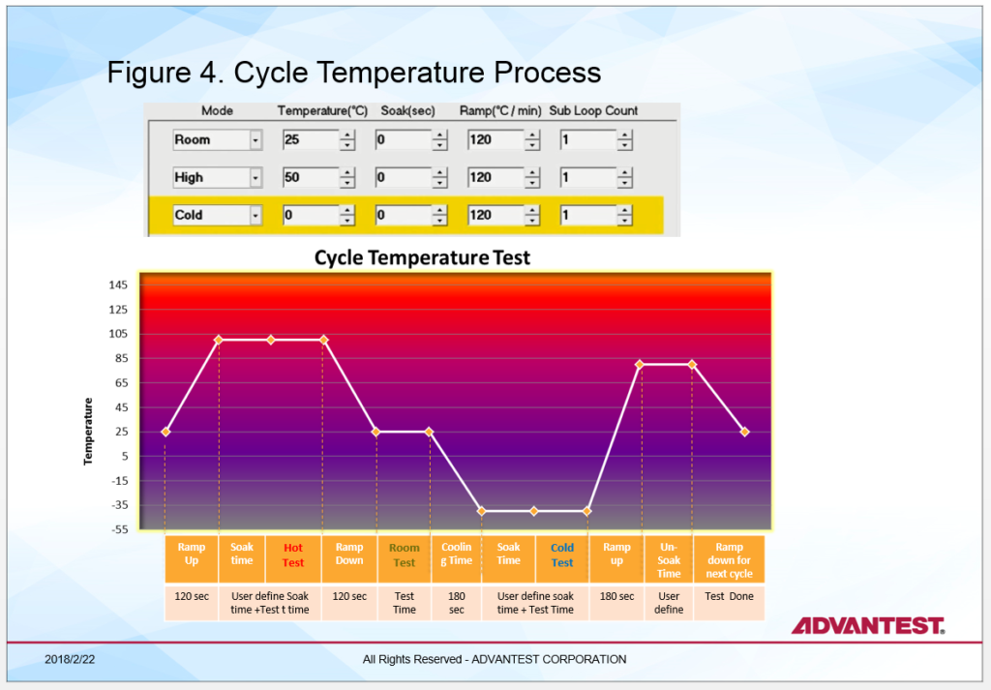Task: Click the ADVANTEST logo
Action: pyautogui.click(x=868, y=625)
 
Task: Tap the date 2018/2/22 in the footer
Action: pyautogui.click(x=70, y=660)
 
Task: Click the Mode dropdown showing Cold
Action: pyautogui.click(x=218, y=215)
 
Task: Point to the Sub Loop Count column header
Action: pyautogui.click(x=593, y=110)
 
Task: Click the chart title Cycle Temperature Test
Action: pyautogui.click(x=422, y=257)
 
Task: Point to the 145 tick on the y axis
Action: pyautogui.click(x=118, y=285)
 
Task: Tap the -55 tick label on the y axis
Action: pyautogui.click(x=119, y=529)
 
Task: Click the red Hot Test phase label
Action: pyautogui.click(x=293, y=555)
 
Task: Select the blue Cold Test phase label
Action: pyautogui.click(x=562, y=555)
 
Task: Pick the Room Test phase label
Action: pyautogui.click(x=404, y=555)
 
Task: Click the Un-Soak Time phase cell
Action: pyautogui.click(x=669, y=559)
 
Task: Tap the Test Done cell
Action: pyautogui.click(x=730, y=596)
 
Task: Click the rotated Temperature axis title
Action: pyautogui.click(x=88, y=432)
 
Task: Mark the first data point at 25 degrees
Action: pyautogui.click(x=165, y=432)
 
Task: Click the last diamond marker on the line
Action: pyautogui.click(x=744, y=432)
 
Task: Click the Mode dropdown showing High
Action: pyautogui.click(x=218, y=177)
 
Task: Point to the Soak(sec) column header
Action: pyautogui.click(x=407, y=110)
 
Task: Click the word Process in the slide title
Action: pyautogui.click(x=548, y=72)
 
